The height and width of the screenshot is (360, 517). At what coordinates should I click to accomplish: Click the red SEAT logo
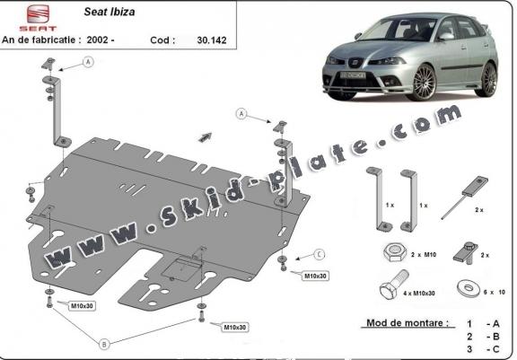coord(38,18)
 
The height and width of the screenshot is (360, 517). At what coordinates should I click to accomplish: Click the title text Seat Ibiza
coord(110,12)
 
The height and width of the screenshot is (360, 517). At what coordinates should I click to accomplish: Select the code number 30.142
coord(212,40)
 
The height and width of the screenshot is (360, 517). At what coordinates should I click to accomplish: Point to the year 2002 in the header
coord(98,40)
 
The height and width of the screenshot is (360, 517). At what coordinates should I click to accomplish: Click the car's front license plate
coord(353,75)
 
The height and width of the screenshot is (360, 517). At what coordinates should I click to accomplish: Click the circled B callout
coord(104,344)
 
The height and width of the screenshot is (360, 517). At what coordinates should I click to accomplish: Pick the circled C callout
coord(320,254)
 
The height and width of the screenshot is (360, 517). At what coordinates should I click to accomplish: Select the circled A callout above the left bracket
coord(88,62)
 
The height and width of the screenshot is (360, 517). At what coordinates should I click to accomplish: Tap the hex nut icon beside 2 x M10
coord(395,253)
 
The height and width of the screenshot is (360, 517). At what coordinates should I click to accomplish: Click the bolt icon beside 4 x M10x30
coord(394,285)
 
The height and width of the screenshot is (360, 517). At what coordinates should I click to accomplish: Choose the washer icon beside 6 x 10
coord(468,288)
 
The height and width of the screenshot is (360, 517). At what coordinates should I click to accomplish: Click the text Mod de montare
coord(407,323)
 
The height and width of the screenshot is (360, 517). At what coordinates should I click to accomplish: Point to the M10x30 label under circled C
coord(315,276)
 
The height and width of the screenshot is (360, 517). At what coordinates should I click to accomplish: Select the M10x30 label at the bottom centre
coord(235,328)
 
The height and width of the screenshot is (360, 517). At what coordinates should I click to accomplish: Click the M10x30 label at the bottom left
coord(82,306)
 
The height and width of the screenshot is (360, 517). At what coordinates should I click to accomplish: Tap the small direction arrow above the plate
coord(205,136)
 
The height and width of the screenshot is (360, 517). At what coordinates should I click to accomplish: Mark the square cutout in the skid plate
coord(180,268)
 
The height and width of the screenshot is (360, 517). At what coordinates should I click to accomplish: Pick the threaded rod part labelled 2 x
coord(464,198)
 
